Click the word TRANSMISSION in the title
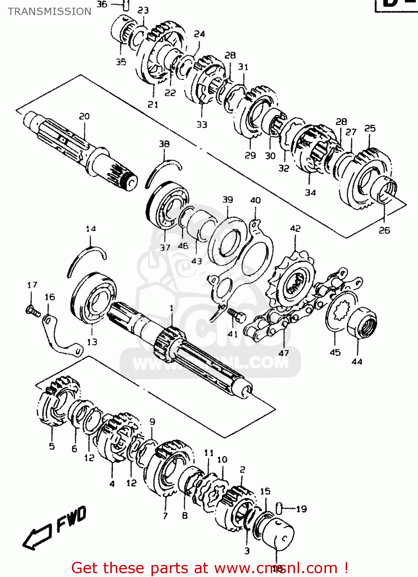50,12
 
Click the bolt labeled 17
32,311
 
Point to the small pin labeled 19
280,508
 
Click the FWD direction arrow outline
37,536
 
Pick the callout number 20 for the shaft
84,116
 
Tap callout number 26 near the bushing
384,230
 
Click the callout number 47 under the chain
283,353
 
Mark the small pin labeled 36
126,5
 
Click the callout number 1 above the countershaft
172,308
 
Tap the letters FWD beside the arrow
72,520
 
